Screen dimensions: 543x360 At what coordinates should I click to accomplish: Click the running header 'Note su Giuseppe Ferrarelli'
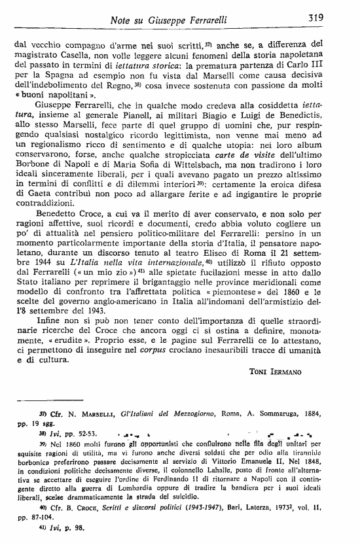pos(169,20)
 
